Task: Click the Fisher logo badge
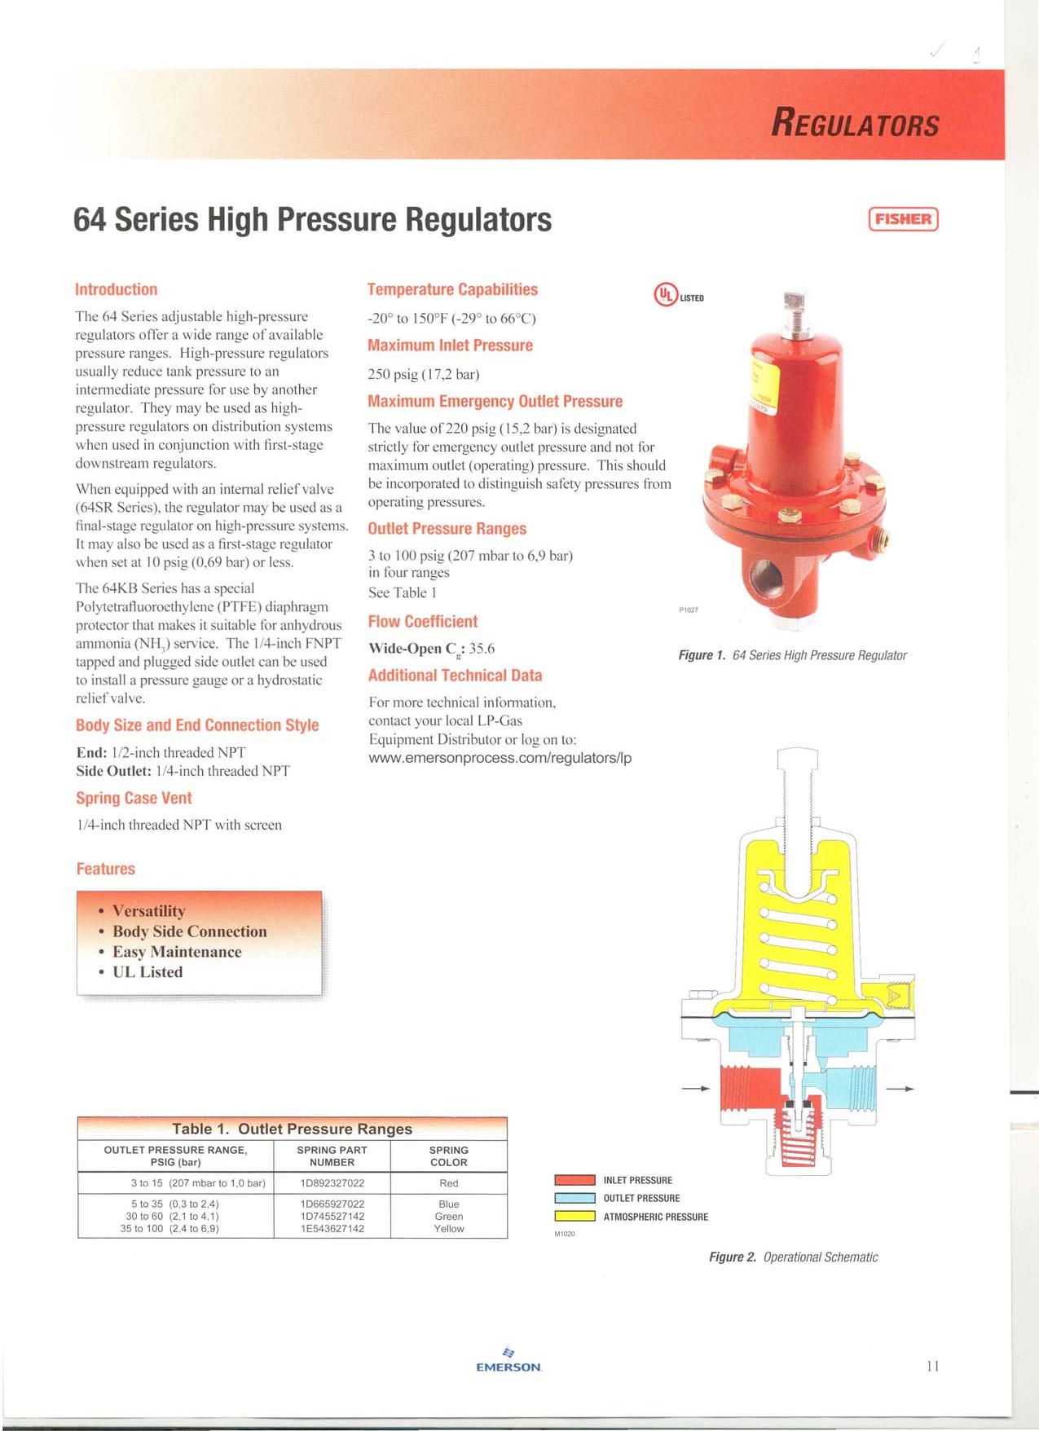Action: click(x=904, y=219)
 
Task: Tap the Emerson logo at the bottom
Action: click(x=508, y=1361)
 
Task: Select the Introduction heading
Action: click(x=116, y=289)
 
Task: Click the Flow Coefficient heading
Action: click(x=422, y=622)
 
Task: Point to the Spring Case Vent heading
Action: click(x=134, y=798)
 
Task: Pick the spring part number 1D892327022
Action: click(x=332, y=1183)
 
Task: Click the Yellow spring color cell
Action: click(x=448, y=1229)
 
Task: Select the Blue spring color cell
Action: click(x=448, y=1204)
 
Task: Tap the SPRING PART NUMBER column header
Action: click(x=332, y=1156)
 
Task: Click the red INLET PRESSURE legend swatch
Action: click(x=575, y=1180)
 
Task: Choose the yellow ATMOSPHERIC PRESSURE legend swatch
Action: click(x=575, y=1217)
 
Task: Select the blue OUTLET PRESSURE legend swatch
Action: click(x=575, y=1198)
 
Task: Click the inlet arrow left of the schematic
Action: click(x=695, y=1089)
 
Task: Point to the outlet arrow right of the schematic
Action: click(x=900, y=1089)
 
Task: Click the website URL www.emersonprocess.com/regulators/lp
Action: click(x=500, y=758)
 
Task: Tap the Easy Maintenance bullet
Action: click(x=176, y=952)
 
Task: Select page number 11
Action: click(x=932, y=1366)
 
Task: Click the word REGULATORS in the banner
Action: click(x=855, y=124)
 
